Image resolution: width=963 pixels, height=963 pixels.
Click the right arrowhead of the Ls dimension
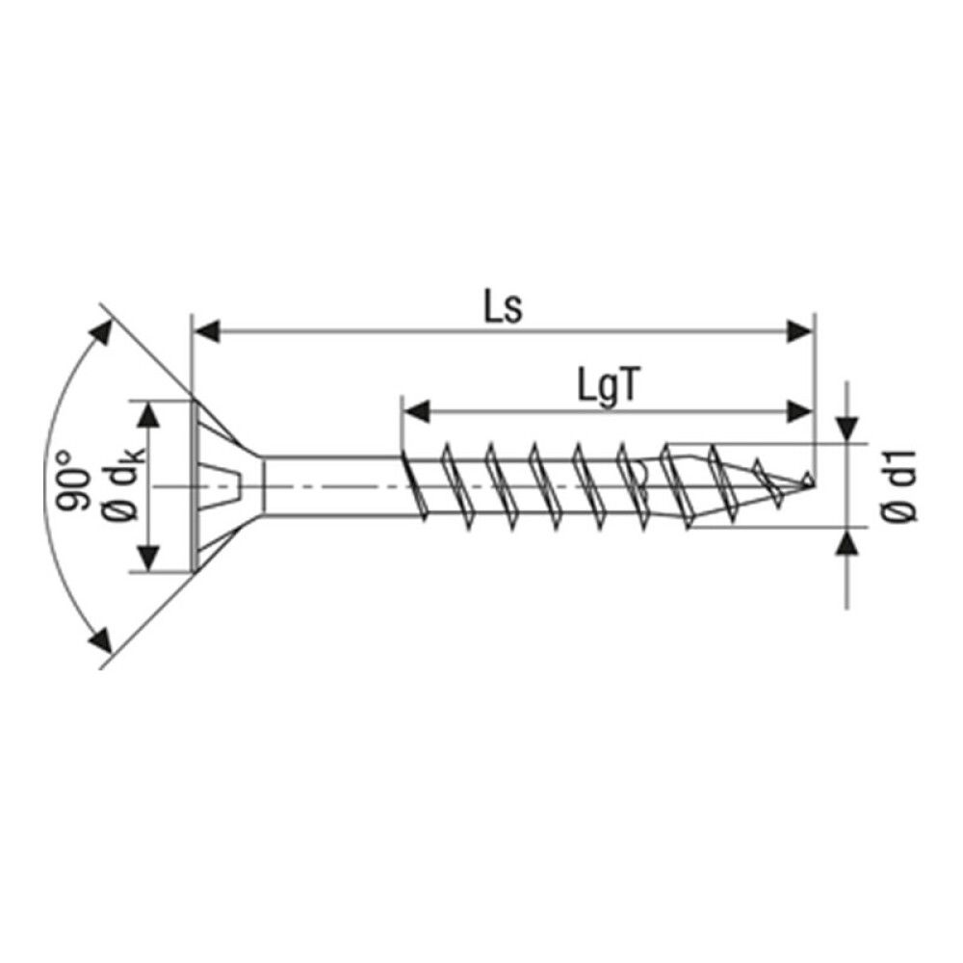point(799,332)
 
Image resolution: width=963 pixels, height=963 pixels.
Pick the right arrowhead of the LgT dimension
point(799,411)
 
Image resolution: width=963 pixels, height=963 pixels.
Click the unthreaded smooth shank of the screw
point(327,486)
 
